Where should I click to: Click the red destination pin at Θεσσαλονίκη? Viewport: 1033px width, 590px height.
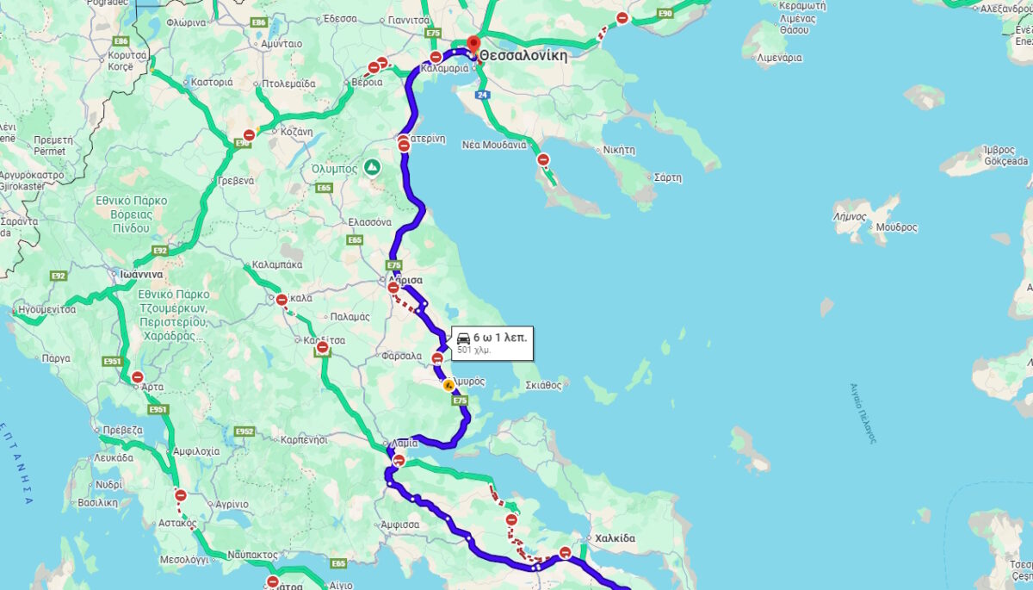473,44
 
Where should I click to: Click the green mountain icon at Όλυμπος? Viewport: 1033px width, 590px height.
372,166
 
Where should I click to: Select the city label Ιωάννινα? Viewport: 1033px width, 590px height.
141,274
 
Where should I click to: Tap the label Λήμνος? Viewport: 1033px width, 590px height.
850,216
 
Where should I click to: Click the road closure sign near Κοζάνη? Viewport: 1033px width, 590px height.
249,135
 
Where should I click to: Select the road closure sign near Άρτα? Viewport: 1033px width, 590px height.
138,376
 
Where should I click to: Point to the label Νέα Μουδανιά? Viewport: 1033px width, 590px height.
494,145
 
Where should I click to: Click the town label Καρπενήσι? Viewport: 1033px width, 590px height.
304,439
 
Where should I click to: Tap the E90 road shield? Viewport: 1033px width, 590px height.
665,14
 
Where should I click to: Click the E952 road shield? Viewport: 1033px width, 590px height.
244,432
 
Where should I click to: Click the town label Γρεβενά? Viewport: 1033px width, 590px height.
233,181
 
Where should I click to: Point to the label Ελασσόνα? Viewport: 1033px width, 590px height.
369,221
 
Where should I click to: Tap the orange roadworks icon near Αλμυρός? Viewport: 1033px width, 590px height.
448,386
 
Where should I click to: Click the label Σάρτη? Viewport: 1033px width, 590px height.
667,177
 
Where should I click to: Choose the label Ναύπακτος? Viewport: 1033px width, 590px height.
253,556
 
